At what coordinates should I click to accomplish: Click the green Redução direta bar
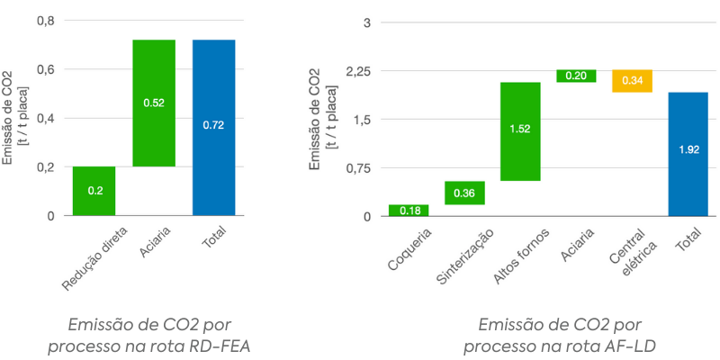(x=94, y=191)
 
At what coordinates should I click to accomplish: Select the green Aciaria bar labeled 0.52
(x=154, y=103)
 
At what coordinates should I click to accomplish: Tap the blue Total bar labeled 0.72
(x=213, y=127)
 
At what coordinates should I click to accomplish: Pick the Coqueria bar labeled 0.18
(x=409, y=211)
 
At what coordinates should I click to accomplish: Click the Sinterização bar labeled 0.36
(x=464, y=193)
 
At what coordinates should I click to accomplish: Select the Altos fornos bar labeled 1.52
(x=520, y=130)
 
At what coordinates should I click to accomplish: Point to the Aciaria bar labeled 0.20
(x=576, y=76)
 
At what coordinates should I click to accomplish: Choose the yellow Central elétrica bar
(x=632, y=81)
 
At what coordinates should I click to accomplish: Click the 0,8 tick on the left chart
(x=45, y=21)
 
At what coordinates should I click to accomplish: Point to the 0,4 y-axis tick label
(x=45, y=119)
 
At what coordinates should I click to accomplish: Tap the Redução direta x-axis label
(x=90, y=257)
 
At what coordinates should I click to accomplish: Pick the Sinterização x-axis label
(x=464, y=256)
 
